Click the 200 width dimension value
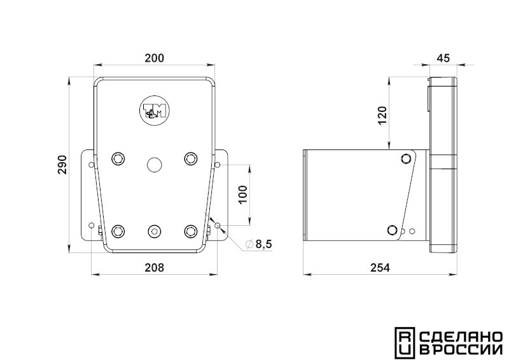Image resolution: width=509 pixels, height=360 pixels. (x=154, y=58)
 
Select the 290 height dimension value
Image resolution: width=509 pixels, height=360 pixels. (x=62, y=165)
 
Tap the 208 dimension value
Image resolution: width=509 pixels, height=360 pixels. (x=154, y=268)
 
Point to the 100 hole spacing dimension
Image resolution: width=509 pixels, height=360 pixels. (x=243, y=195)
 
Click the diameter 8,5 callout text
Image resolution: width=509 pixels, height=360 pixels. (x=259, y=244)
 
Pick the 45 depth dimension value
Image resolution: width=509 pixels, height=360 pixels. (x=443, y=58)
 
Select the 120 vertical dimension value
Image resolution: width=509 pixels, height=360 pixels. (x=382, y=116)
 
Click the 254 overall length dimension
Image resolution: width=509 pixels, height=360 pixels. (x=380, y=268)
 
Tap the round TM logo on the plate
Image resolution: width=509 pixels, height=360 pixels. (x=154, y=111)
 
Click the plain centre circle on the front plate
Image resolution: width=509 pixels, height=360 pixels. (x=154, y=165)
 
